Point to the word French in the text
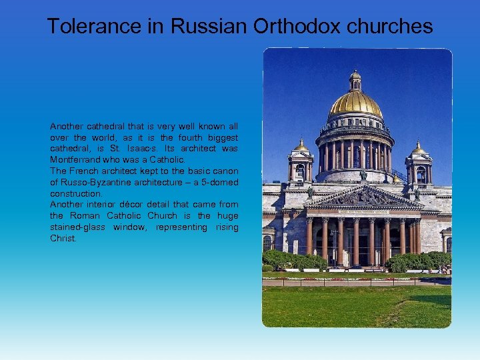pos(82,171)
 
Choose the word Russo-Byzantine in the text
pos(95,183)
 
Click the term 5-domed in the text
pos(220,183)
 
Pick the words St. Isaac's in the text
pos(123,149)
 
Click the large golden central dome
pos(355,103)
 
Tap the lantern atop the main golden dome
pos(355,80)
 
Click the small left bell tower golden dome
pos(301,146)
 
